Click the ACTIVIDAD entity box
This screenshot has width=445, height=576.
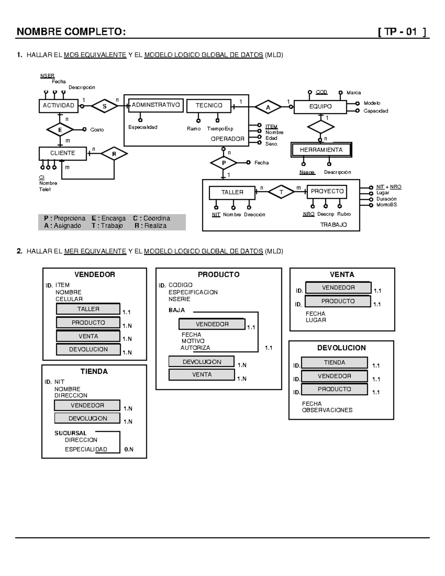(59, 106)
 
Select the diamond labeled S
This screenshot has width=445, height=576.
(105, 106)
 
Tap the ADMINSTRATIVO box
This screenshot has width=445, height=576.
(156, 105)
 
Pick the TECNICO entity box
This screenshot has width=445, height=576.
(209, 106)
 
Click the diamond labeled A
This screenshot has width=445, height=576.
(268, 107)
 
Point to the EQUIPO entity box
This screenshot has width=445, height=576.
(320, 106)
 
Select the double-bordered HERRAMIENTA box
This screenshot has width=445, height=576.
(321, 150)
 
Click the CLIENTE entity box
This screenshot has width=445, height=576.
(63, 153)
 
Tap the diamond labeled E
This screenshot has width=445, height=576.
(60, 130)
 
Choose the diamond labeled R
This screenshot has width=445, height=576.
(114, 154)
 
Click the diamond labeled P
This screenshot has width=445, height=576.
(224, 163)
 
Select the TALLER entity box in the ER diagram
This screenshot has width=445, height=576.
(232, 192)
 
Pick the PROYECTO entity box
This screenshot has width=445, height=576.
(327, 191)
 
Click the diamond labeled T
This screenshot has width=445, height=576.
(281, 192)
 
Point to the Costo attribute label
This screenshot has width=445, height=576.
(97, 130)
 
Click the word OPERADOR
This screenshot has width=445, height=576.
(227, 139)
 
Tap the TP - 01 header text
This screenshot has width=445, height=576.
(402, 32)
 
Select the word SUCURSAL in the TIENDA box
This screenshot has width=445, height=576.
(70, 433)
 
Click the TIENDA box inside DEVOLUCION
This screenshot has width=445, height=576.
(334, 363)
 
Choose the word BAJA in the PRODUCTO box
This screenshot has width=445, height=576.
(177, 310)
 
